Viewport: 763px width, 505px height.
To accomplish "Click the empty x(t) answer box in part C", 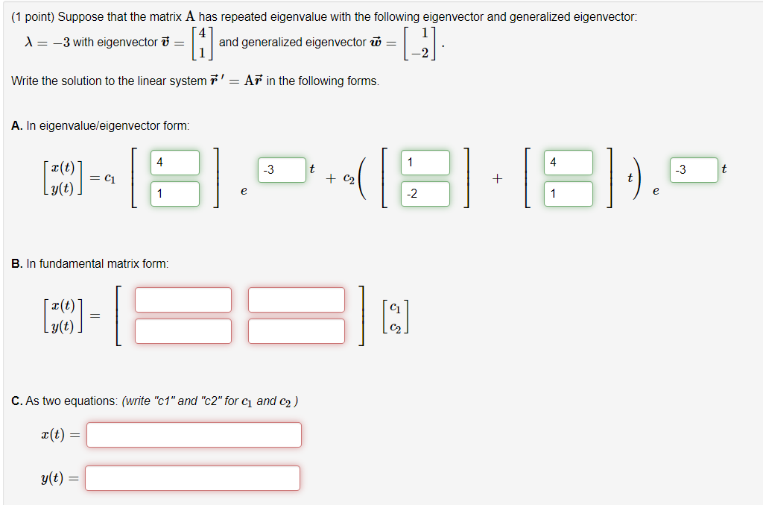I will [194, 435].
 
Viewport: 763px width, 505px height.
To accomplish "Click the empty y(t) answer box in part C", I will [193, 478].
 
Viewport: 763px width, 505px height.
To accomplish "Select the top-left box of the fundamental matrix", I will [183, 300].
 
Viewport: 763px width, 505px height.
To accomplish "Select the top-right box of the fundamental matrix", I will [297, 300].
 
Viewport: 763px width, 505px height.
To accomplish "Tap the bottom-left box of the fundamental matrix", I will [183, 331].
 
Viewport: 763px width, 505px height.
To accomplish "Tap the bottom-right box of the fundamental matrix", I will [297, 331].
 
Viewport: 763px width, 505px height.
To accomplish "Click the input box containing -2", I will [425, 194].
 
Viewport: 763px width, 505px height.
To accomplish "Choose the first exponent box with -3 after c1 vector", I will [282, 170].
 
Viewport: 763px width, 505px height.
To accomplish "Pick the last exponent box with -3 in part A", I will [694, 170].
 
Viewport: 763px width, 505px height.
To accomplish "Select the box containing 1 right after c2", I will [425, 162].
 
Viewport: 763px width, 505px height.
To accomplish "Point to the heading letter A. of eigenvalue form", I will [17, 126].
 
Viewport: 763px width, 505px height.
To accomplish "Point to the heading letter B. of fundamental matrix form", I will [17, 263].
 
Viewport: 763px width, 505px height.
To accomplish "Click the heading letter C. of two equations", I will [17, 401].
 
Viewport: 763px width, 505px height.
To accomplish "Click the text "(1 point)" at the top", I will [33, 17].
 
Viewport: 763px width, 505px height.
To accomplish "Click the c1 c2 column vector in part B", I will [395, 316].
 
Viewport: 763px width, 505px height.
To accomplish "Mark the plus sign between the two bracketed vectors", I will [497, 179].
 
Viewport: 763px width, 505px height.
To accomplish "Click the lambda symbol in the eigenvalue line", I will [29, 43].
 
